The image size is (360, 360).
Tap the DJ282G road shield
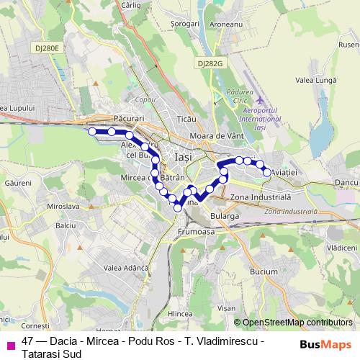pos(210,63)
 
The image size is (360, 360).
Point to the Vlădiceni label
pos(342,247)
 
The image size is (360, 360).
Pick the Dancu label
pos(347,184)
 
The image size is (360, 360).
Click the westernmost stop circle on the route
pos(91,131)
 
